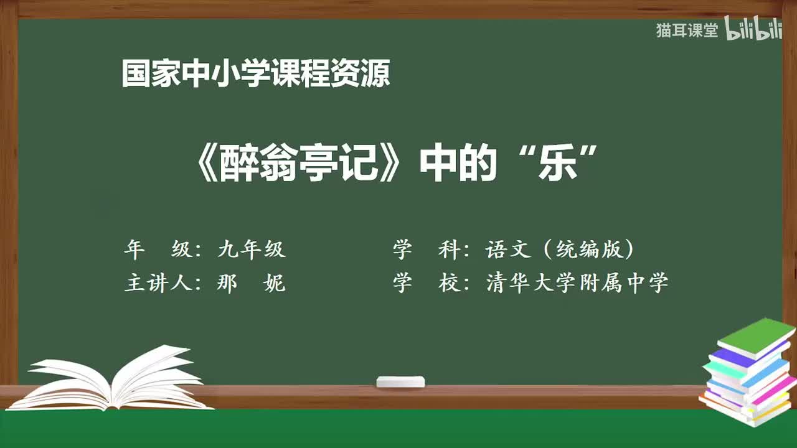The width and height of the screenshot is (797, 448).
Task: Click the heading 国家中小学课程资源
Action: [255, 73]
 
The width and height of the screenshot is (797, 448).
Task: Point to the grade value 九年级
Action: [252, 250]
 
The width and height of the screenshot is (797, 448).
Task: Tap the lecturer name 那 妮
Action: [252, 283]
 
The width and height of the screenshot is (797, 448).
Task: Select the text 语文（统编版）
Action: [560, 250]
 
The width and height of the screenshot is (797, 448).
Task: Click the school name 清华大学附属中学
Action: [577, 283]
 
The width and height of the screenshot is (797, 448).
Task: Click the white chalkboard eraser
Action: [400, 381]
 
